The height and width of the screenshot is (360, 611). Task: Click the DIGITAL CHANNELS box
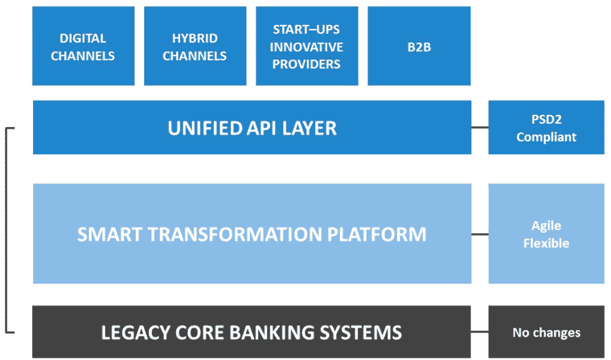pyautogui.click(x=84, y=46)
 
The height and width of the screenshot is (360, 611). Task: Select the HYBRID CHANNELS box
pyautogui.click(x=195, y=46)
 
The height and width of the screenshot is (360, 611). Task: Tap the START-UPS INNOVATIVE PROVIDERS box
pyautogui.click(x=307, y=46)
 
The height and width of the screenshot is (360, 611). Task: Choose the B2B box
pyautogui.click(x=420, y=46)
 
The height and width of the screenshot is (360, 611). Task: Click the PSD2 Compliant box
pyautogui.click(x=547, y=128)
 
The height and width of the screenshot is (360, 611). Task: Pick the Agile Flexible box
pyautogui.click(x=547, y=234)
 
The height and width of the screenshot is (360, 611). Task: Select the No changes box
pyautogui.click(x=547, y=332)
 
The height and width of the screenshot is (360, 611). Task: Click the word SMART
pyautogui.click(x=109, y=234)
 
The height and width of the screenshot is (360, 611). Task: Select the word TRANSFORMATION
pyautogui.click(x=235, y=234)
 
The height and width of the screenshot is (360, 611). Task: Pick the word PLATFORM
pyautogui.click(x=377, y=234)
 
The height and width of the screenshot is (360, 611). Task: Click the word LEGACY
pyautogui.click(x=136, y=333)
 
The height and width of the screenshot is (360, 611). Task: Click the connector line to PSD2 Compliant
pyautogui.click(x=480, y=128)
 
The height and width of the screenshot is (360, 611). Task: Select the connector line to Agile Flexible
pyautogui.click(x=480, y=234)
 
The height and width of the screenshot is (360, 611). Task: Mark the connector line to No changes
pyautogui.click(x=480, y=332)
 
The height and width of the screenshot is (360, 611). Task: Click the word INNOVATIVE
pyautogui.click(x=306, y=47)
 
